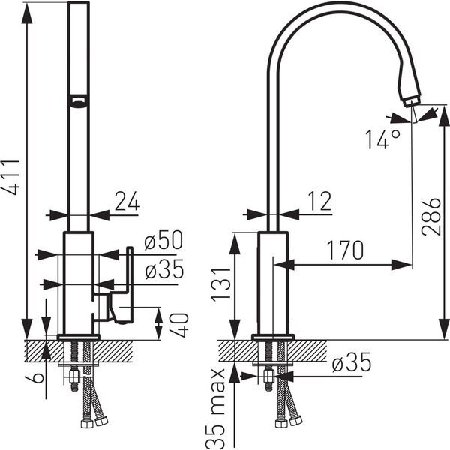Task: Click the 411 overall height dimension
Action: (11, 177)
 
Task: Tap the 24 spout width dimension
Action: (127, 201)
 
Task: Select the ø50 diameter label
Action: (163, 240)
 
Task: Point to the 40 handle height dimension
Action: (178, 325)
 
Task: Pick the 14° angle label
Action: (382, 139)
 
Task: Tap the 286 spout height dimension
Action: (431, 217)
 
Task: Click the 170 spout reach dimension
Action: (345, 250)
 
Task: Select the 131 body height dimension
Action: (221, 284)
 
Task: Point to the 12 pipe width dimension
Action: (319, 201)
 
